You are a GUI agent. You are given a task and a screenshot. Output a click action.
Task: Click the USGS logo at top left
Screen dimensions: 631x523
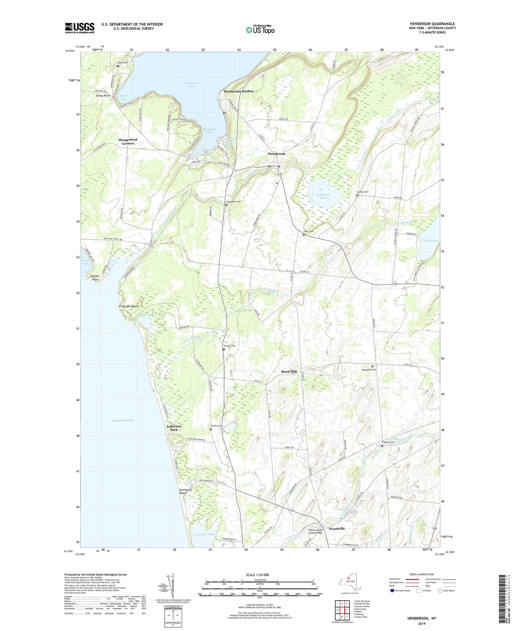tap(80, 28)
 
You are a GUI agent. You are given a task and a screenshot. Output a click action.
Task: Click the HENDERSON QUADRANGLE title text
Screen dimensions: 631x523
tap(432, 24)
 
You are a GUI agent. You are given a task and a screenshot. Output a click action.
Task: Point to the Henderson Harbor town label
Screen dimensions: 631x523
tap(239, 91)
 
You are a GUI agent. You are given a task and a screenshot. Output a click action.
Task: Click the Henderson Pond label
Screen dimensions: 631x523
tap(322, 196)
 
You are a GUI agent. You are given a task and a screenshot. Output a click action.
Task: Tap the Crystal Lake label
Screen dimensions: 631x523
tap(429, 240)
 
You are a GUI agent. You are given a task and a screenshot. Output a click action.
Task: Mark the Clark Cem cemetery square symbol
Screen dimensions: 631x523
tap(304, 235)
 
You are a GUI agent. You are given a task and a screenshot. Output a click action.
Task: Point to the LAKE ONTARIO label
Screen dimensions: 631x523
tap(123, 420)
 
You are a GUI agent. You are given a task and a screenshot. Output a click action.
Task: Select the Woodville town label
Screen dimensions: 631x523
tap(337, 528)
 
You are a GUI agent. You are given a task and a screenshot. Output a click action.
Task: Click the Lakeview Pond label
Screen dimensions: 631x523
tap(204, 534)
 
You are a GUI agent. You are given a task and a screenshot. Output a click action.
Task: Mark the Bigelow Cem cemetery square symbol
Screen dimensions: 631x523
tap(382, 446)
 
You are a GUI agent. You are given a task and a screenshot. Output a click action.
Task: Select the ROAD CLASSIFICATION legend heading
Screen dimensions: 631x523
tap(422, 574)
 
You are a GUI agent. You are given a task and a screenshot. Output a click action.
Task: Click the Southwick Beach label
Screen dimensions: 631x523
tap(183, 492)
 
